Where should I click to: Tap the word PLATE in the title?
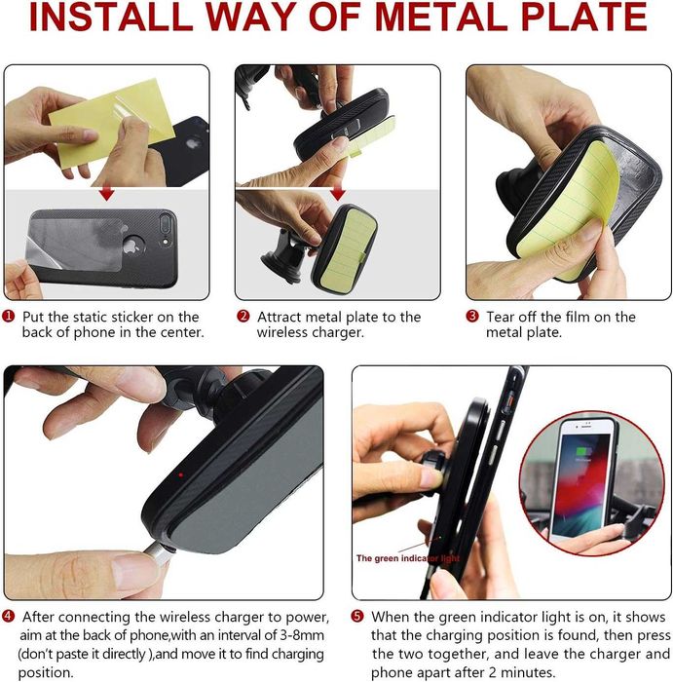(583, 17)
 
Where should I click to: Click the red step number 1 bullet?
(8, 317)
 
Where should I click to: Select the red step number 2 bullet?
(243, 317)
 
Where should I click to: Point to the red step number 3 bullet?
(472, 317)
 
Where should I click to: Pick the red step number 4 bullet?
(8, 617)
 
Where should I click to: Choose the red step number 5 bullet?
(356, 617)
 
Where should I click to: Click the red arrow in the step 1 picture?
(106, 194)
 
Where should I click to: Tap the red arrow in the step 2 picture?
(337, 194)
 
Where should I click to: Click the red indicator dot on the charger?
(180, 475)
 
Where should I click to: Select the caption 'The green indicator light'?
(407, 558)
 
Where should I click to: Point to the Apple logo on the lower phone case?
(131, 246)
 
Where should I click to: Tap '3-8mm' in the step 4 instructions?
(302, 635)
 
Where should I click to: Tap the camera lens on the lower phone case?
(166, 223)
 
